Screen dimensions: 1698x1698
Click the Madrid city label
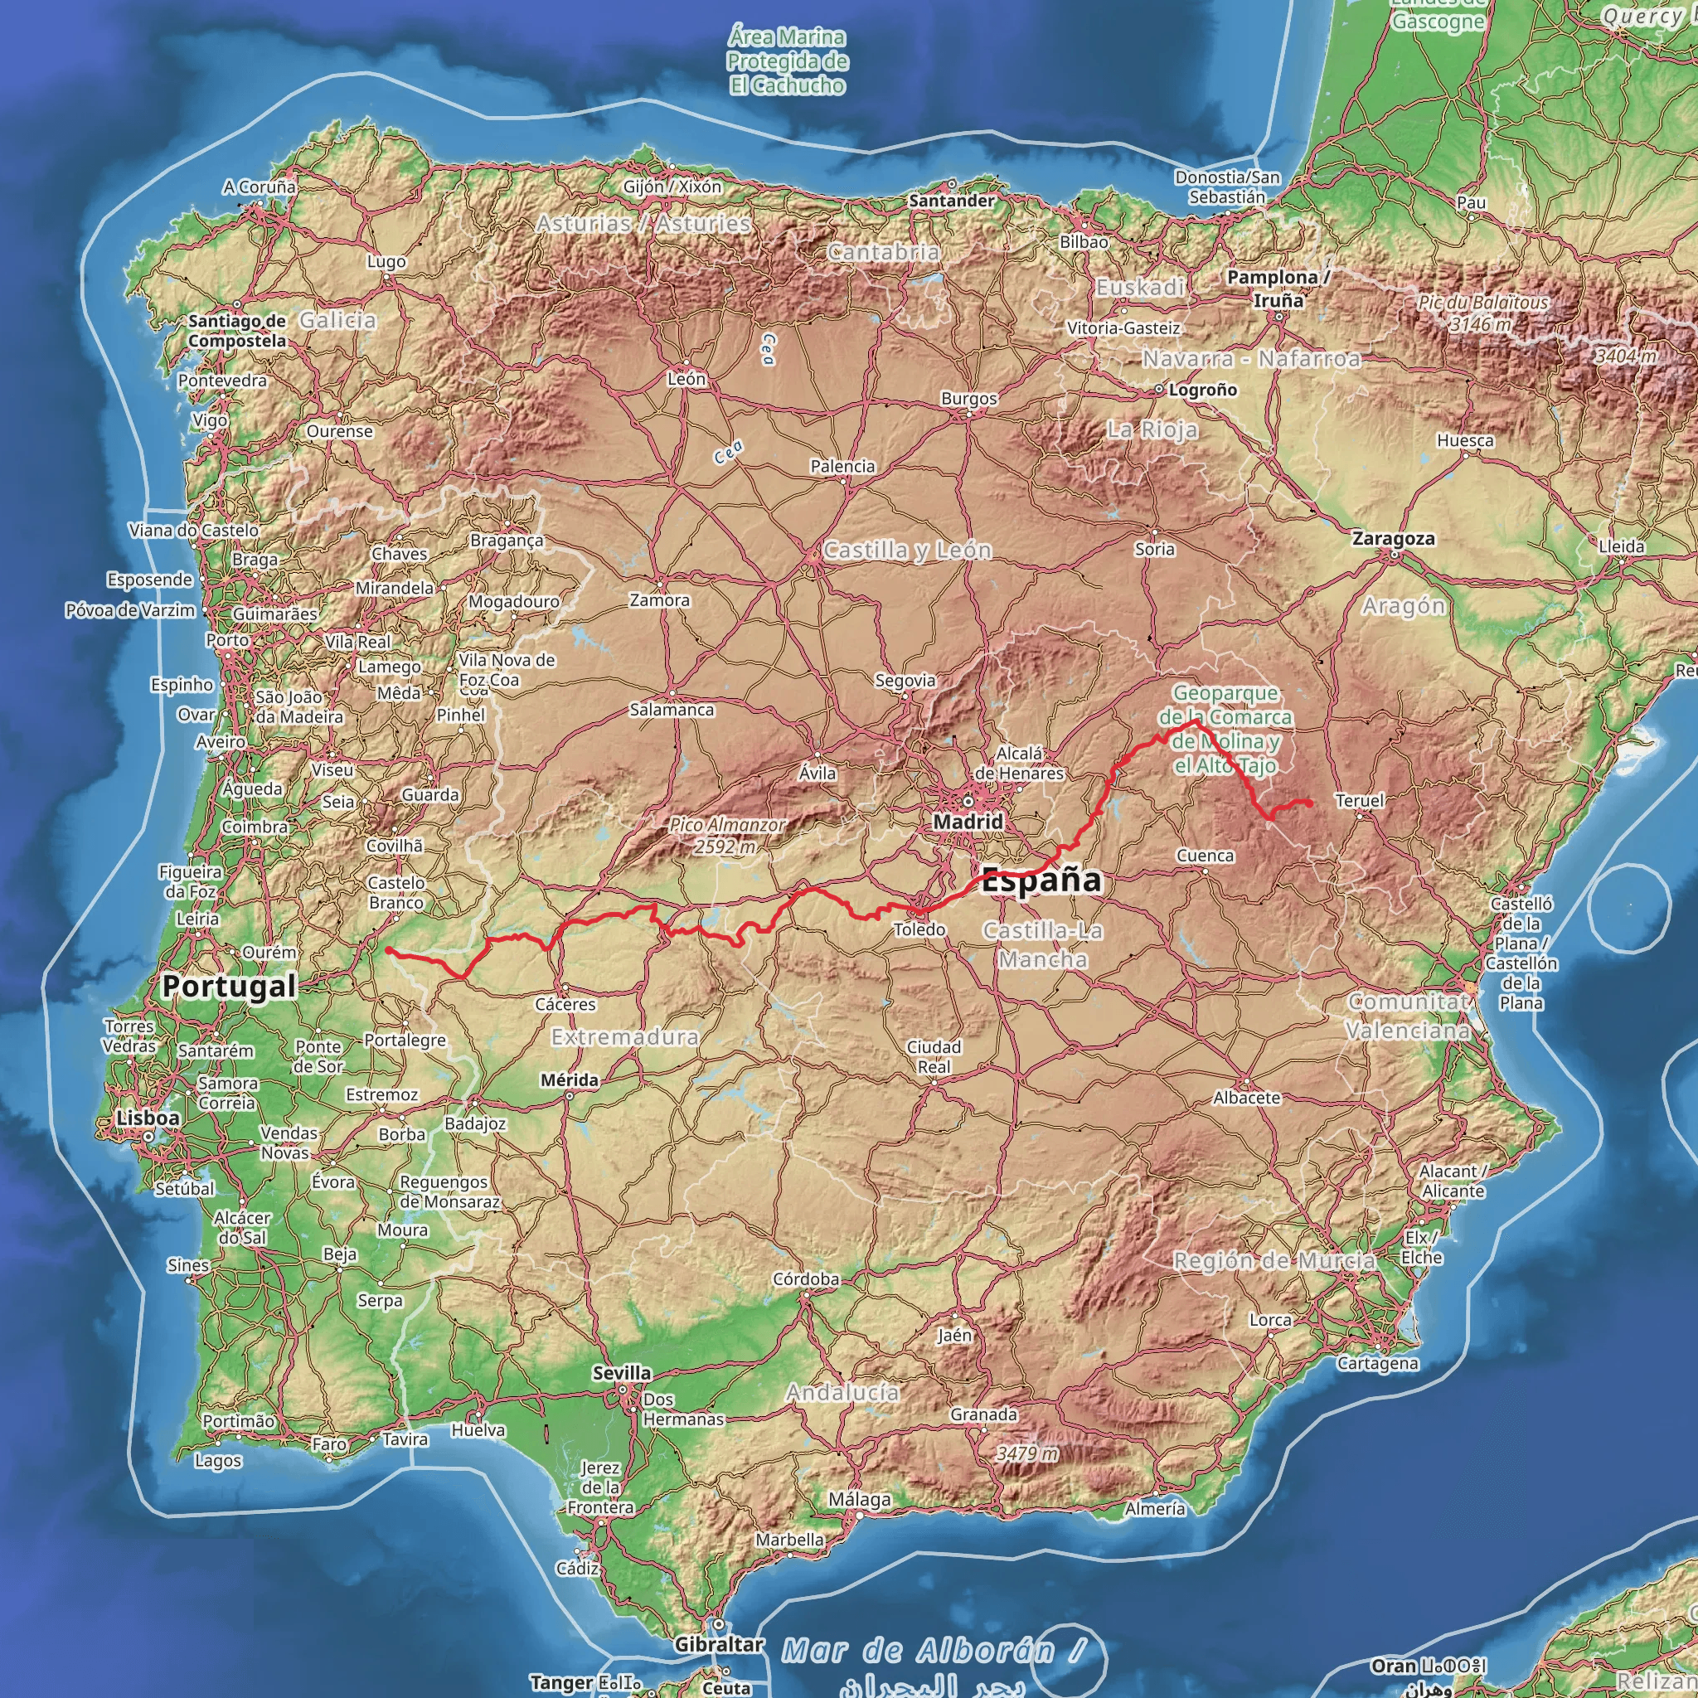click(x=968, y=822)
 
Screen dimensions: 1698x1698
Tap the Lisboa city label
click(x=148, y=1118)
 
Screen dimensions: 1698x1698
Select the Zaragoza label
click(x=1393, y=539)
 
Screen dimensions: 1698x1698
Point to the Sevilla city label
click(x=623, y=1373)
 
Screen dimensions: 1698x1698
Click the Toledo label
click(x=919, y=930)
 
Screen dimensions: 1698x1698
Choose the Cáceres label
click(x=565, y=1004)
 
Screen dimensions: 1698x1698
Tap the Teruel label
click(x=1360, y=801)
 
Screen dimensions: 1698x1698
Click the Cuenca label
click(x=1205, y=855)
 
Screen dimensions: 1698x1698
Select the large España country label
click(x=1041, y=880)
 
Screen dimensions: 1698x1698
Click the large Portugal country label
click(x=229, y=986)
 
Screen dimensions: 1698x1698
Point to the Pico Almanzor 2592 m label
click(x=727, y=836)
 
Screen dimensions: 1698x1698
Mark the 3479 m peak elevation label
click(x=1027, y=1453)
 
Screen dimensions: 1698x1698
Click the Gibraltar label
click(x=719, y=1643)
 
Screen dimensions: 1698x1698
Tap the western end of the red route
click(x=387, y=950)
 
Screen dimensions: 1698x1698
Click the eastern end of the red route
click(x=1311, y=803)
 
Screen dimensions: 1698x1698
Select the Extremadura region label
click(x=625, y=1037)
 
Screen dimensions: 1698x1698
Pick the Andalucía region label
click(x=843, y=1392)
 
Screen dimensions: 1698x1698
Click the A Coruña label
click(x=260, y=187)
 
